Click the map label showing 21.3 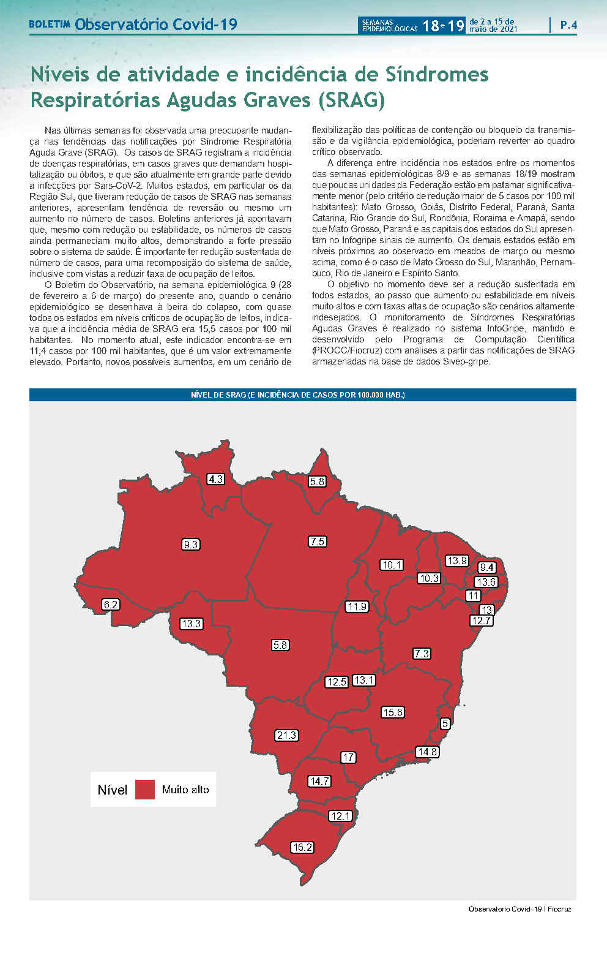tap(286, 735)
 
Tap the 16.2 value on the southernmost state tap(302, 847)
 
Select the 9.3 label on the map tap(191, 544)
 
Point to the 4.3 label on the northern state tap(215, 479)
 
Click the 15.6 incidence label tap(392, 712)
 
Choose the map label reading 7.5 tap(317, 542)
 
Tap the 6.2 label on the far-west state tap(111, 605)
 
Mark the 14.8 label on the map tap(426, 752)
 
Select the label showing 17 tap(348, 757)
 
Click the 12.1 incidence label tap(340, 815)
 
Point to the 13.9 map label tap(456, 561)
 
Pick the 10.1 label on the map tap(392, 565)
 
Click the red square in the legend tap(145, 789)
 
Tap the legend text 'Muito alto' tap(185, 790)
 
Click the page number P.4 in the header tap(568, 25)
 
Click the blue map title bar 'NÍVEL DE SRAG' tap(302, 395)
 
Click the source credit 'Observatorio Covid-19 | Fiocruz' tap(519, 909)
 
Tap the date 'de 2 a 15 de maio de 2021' tap(493, 25)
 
